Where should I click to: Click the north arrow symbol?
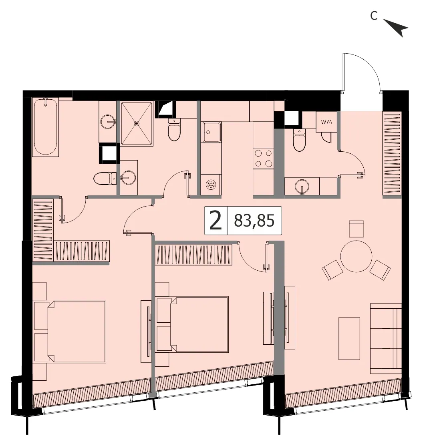[397, 27]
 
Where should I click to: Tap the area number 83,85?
[254, 221]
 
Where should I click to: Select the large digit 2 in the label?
[215, 221]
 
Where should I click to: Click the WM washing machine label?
[326, 122]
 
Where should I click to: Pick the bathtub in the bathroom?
[45, 127]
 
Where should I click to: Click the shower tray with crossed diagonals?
[137, 123]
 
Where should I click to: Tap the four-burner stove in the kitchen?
[263, 159]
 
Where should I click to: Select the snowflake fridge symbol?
[211, 185]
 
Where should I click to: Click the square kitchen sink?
[211, 132]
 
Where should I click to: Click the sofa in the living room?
[386, 338]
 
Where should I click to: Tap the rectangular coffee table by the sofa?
[349, 338]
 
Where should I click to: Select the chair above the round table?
[357, 229]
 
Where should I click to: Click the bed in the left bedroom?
[70, 331]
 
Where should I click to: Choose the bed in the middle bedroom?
[192, 324]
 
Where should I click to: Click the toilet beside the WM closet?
[299, 139]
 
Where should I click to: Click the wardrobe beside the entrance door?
[392, 154]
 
